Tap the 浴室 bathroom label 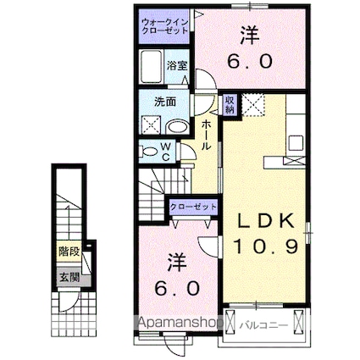[177, 65]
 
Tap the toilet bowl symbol [147, 152]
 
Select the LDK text [265, 221]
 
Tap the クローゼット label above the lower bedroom [193, 206]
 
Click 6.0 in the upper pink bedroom [247, 61]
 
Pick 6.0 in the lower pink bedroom [178, 289]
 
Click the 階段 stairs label [69, 252]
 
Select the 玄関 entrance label [69, 275]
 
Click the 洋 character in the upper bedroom [247, 35]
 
